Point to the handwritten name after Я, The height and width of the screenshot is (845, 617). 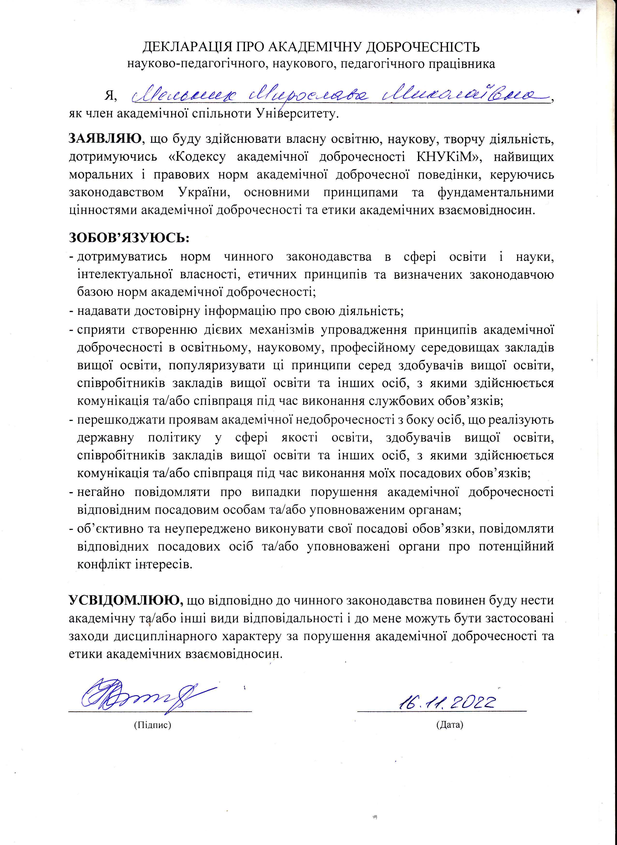[x=338, y=95]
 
